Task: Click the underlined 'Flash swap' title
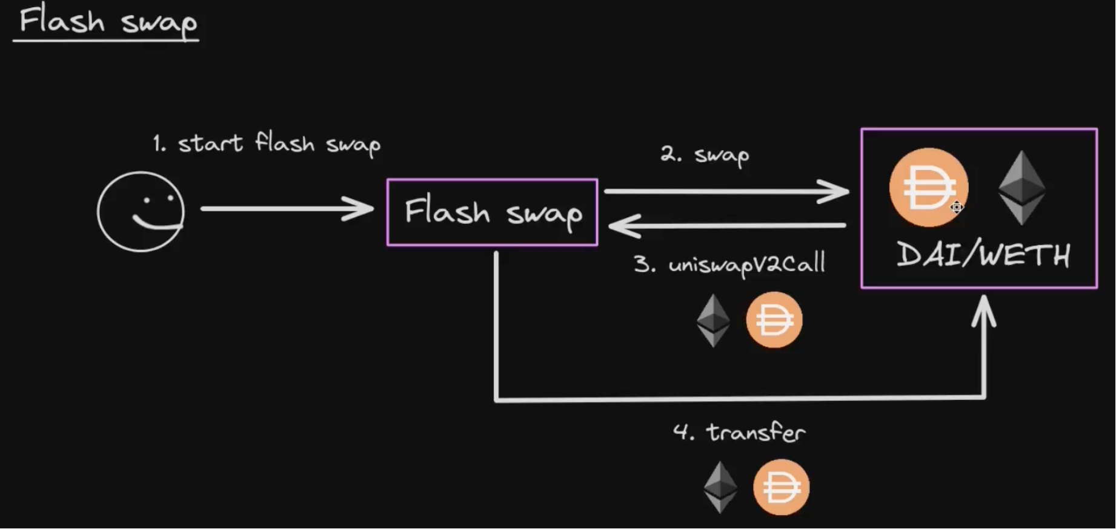[108, 22]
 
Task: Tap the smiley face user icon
[141, 211]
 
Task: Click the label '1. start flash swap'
[267, 144]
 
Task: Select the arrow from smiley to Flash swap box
[285, 209]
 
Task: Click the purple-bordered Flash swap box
[492, 212]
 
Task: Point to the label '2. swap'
[705, 155]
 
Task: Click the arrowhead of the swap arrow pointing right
[836, 191]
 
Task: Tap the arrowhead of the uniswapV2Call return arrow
[621, 226]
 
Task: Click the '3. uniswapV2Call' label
[729, 264]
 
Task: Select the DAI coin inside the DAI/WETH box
[928, 187]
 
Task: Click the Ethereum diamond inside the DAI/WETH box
[1021, 188]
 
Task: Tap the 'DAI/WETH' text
[983, 255]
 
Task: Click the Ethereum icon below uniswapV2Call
[713, 320]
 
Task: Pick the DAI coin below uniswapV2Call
[774, 320]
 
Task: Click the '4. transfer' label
[739, 432]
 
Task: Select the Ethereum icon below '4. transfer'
[720, 487]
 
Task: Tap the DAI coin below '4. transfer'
[781, 487]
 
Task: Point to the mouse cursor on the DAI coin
[956, 208]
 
